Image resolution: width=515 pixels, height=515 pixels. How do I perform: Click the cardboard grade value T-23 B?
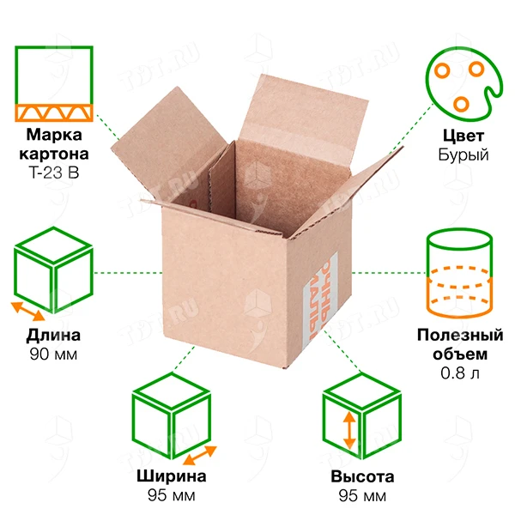point(54,173)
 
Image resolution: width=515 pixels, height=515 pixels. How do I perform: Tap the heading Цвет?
point(463,136)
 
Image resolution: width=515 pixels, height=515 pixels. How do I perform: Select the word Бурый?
point(463,154)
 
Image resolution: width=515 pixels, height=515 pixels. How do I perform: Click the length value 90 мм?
point(53,354)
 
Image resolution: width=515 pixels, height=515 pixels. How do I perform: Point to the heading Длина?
point(53,336)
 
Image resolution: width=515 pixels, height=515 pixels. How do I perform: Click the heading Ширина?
point(172,476)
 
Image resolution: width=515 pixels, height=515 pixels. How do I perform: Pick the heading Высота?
point(362,477)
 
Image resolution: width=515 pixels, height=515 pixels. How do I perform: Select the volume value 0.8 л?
point(460,373)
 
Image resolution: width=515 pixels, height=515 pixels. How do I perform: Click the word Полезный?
point(460,336)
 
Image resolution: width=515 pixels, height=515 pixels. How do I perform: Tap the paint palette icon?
point(463,84)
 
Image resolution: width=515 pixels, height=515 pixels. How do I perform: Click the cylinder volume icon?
point(459,274)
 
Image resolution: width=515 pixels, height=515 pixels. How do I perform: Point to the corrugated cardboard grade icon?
point(54,84)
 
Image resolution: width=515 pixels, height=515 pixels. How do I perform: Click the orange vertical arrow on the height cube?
point(349,431)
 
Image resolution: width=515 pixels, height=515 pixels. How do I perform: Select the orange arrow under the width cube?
point(200,455)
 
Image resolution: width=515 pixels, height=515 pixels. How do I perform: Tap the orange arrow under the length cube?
point(28,312)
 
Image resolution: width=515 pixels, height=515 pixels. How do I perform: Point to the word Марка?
point(54,135)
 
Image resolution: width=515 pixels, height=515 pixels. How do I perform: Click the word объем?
point(460,354)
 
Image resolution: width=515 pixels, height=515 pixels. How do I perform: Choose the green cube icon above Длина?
point(53,270)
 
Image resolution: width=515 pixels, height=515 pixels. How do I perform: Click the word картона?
point(54,154)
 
